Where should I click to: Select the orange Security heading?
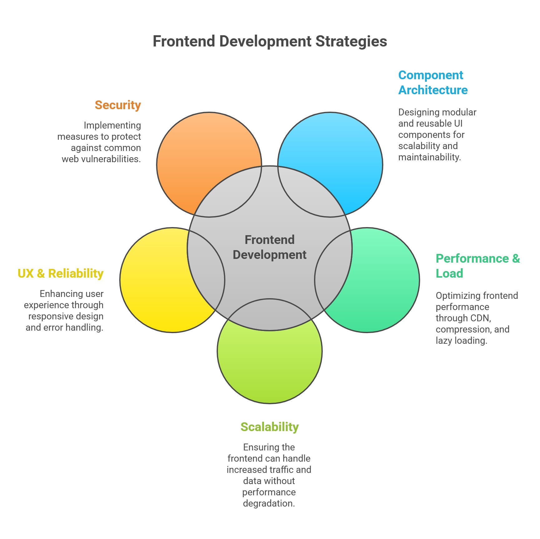coord(118,105)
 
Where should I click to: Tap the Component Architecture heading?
coord(433,83)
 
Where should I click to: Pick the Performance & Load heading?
coord(477,266)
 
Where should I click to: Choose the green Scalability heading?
coord(269,427)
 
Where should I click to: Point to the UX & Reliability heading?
coord(61,273)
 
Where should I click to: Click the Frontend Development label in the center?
coord(270,247)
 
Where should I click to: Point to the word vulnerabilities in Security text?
coord(112,159)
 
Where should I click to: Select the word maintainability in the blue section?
coord(430,157)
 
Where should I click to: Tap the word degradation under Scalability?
coord(269,503)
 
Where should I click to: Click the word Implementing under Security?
coord(112,125)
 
